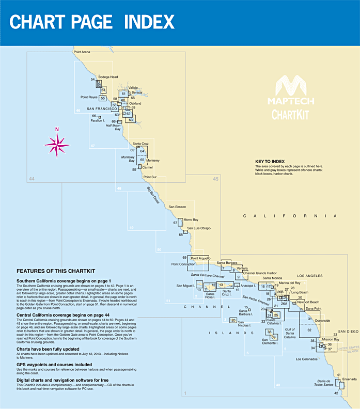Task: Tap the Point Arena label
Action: coord(82,52)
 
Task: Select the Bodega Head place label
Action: coord(108,76)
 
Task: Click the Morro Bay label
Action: coord(191,219)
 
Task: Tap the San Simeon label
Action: coord(177,207)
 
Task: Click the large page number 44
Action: coord(32,179)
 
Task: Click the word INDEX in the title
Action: coord(149,22)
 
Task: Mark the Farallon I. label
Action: coord(98,120)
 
